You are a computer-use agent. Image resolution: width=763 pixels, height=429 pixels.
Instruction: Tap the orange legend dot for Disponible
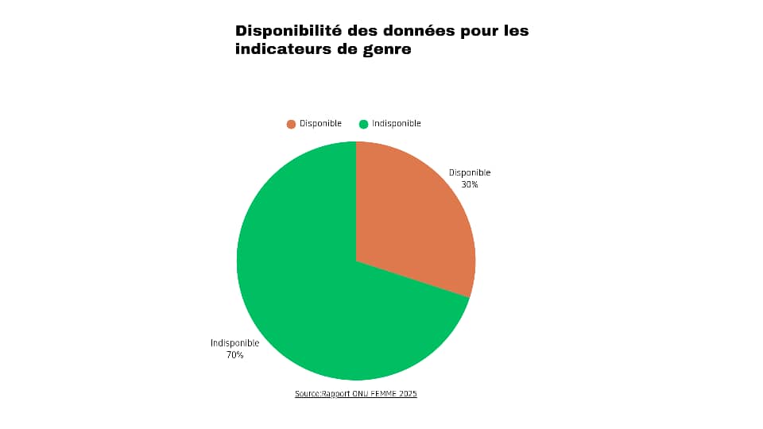pyautogui.click(x=291, y=124)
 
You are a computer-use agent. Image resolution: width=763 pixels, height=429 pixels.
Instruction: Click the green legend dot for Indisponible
pyautogui.click(x=363, y=124)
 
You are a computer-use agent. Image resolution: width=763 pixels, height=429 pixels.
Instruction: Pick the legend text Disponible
pyautogui.click(x=320, y=124)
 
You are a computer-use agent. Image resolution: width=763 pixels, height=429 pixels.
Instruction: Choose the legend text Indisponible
pyautogui.click(x=396, y=124)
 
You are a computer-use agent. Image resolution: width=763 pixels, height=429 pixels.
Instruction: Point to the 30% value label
pyautogui.click(x=470, y=184)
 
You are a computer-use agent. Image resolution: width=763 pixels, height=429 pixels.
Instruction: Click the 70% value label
pyautogui.click(x=234, y=355)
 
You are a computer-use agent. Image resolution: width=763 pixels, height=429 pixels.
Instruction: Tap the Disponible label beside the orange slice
pyautogui.click(x=470, y=172)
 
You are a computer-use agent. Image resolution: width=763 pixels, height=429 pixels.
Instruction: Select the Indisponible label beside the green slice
pyautogui.click(x=234, y=343)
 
